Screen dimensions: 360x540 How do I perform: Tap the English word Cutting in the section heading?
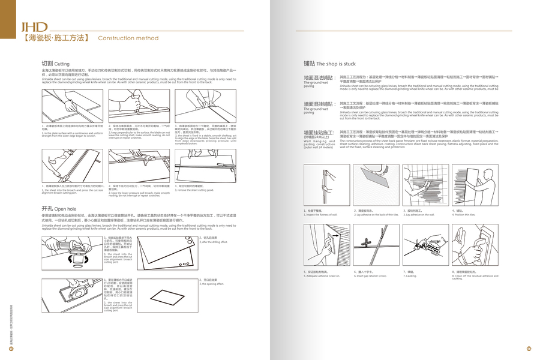(x=62, y=63)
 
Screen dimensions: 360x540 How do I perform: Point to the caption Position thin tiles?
(x=463, y=214)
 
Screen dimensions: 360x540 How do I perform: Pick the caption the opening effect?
(x=212, y=284)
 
